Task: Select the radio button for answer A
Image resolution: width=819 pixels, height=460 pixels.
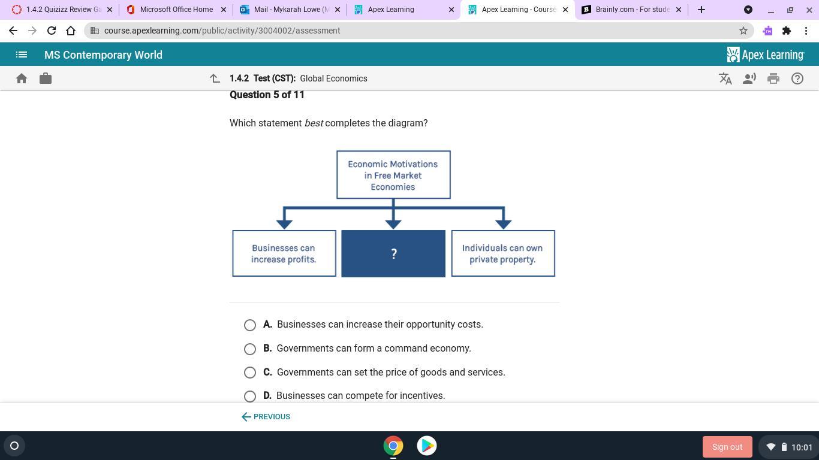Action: [250, 325]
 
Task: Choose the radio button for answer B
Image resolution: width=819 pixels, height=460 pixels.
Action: [250, 349]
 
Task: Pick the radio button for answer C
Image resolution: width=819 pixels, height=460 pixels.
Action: [250, 373]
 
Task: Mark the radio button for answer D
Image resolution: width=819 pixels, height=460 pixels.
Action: [250, 396]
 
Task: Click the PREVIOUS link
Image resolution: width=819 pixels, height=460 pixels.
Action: [266, 417]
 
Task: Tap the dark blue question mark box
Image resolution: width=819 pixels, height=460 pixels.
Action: [393, 253]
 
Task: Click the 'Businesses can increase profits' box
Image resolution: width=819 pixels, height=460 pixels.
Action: [284, 253]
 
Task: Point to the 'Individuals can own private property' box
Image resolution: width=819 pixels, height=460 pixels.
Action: [502, 253]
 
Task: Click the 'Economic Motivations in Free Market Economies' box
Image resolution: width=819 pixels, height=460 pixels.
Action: [393, 175]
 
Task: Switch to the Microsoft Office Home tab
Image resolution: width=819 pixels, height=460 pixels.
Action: [176, 10]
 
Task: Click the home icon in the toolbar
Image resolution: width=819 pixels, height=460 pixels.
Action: [22, 78]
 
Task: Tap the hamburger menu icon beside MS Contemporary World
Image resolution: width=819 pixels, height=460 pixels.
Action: [22, 55]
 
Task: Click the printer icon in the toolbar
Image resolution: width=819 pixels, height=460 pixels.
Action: [773, 78]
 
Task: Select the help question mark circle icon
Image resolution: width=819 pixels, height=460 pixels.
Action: [797, 78]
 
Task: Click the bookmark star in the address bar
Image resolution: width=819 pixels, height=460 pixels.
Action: [743, 31]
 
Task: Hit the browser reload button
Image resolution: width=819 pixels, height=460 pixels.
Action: [52, 31]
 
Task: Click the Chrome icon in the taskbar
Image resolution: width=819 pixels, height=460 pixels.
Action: [393, 446]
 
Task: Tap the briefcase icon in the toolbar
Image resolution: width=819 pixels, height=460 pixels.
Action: [46, 78]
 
